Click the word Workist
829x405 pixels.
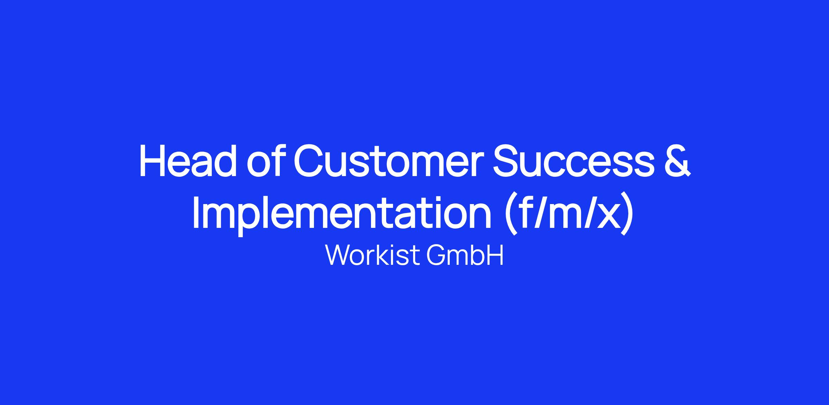coord(372,255)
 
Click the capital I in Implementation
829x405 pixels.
coord(196,213)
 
